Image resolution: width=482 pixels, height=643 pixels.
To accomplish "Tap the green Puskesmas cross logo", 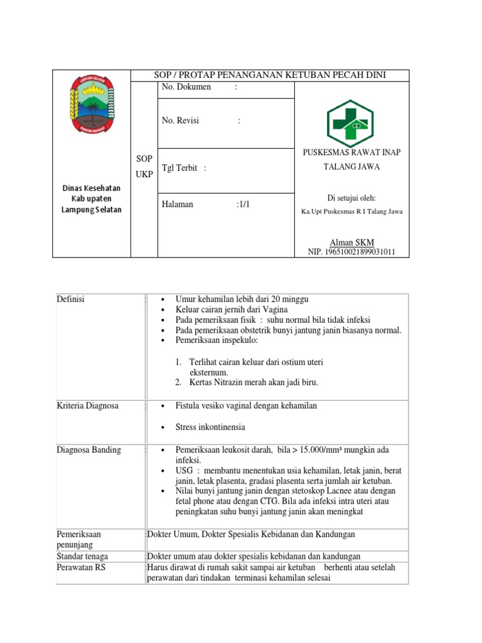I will click(x=350, y=124).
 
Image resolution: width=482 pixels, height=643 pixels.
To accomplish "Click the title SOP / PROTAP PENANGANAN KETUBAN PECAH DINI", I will click(x=270, y=75).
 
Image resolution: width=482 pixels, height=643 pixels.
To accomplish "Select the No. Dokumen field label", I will click(x=186, y=87).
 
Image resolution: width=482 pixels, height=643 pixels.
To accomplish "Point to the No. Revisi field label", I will click(x=181, y=121).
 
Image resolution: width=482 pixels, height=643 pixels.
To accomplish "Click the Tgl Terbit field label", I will click(x=180, y=168).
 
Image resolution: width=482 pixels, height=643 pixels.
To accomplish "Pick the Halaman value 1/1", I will click(x=243, y=204).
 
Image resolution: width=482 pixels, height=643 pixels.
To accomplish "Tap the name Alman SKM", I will click(x=351, y=242).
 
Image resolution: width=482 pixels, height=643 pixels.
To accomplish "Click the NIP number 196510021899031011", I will click(x=351, y=252).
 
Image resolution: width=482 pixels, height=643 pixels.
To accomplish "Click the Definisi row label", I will click(x=70, y=300).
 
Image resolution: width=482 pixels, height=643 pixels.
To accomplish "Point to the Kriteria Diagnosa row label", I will click(x=87, y=406).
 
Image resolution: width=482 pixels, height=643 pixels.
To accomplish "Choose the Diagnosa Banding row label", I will click(x=88, y=450).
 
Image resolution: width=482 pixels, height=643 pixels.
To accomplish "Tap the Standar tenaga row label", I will click(x=82, y=556).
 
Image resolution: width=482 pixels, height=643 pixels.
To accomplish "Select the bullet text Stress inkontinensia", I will click(x=211, y=427).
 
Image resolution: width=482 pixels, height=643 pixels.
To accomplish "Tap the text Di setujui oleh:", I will click(x=351, y=198).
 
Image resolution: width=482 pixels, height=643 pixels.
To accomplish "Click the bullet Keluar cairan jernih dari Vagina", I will click(x=232, y=310).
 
